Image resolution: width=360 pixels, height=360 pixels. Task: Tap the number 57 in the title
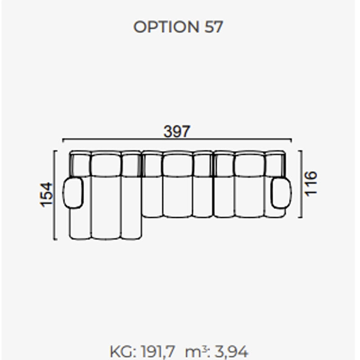(213, 27)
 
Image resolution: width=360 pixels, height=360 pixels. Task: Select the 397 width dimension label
(177, 131)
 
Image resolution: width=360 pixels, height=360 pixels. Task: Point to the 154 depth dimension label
(47, 195)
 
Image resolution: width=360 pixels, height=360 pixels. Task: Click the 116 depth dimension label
(310, 184)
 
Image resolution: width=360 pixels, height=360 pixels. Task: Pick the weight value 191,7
(158, 351)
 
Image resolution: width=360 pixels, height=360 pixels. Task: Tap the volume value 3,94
(231, 351)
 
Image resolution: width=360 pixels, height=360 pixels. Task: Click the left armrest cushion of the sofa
(73, 193)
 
